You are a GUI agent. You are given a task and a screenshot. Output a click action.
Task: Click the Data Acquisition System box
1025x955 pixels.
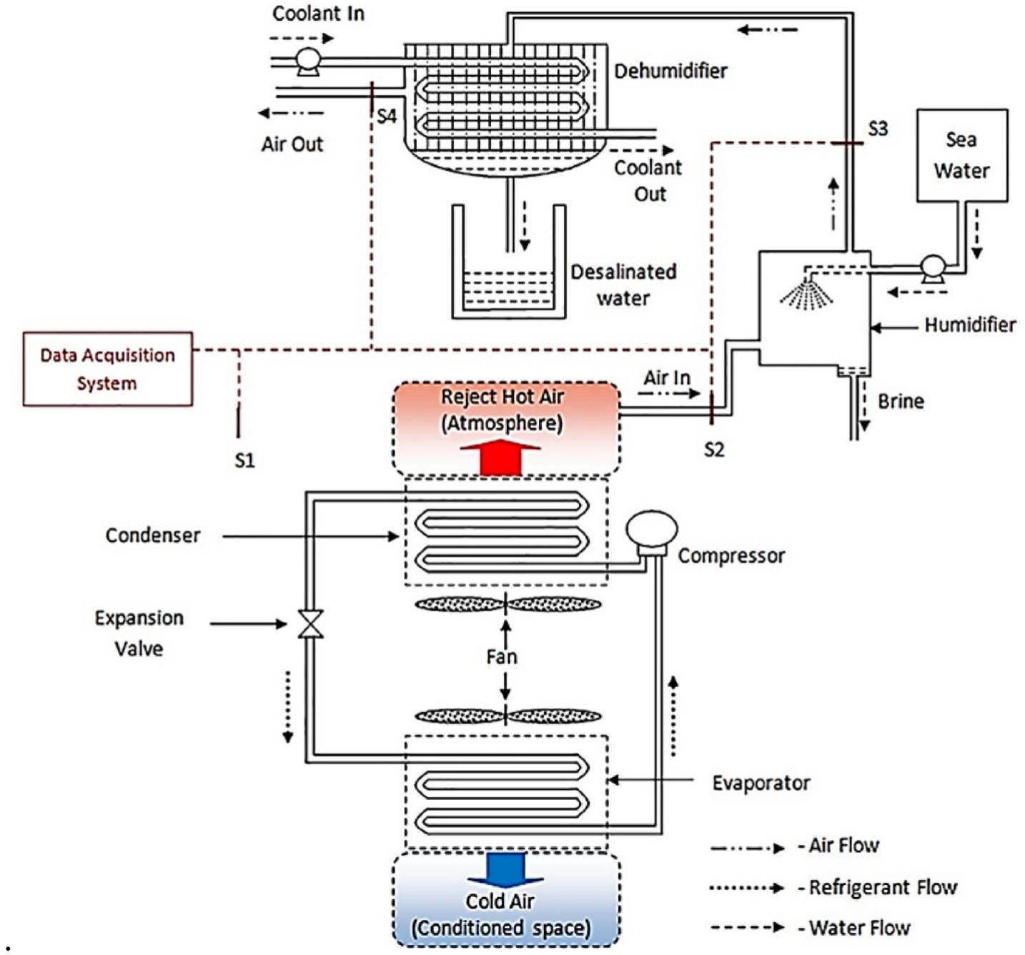click(107, 369)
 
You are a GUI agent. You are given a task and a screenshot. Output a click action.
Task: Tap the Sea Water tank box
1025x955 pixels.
click(961, 155)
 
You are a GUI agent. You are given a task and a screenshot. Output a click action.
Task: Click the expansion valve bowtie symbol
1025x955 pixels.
click(311, 624)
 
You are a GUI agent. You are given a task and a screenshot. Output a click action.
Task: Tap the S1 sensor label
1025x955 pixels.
click(244, 460)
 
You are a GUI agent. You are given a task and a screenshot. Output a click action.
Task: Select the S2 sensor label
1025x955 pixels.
click(714, 449)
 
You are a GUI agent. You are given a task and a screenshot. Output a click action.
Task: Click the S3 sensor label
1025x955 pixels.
click(877, 129)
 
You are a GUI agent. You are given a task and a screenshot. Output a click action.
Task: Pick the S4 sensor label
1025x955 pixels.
click(387, 116)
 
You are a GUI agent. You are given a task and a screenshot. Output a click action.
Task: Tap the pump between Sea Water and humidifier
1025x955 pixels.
click(932, 268)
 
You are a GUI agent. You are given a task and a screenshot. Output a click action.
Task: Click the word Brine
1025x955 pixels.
click(901, 401)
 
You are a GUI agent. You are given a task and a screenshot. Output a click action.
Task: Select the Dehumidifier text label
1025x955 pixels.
click(670, 71)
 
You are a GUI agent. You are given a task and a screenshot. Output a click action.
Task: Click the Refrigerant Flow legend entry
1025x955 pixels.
click(882, 888)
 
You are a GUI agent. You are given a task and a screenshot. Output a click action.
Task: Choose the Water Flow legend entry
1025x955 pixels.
click(859, 928)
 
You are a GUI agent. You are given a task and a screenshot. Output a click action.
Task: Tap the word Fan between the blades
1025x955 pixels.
click(502, 656)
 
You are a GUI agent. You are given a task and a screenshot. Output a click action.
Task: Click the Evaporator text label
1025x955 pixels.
click(761, 783)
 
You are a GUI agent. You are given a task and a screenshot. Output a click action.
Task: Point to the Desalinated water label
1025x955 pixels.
click(623, 284)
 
